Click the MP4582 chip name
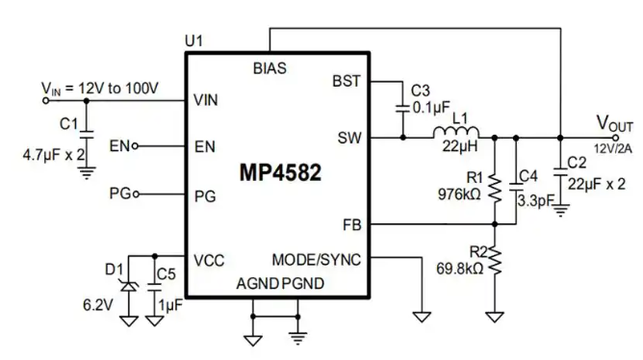280,172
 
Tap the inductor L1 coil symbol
456,132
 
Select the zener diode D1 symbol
129,286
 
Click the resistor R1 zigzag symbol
495,189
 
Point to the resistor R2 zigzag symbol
495,261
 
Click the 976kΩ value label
459,194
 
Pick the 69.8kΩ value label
460,269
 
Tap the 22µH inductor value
460,146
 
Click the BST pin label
347,81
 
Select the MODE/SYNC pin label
316,260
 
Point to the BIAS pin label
270,68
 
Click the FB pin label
352,225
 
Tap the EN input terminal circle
135,146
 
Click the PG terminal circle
136,193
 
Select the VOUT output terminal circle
615,138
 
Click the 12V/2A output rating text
613,149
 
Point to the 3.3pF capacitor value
535,201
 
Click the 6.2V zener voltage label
97,305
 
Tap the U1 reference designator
193,41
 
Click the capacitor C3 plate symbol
402,109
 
